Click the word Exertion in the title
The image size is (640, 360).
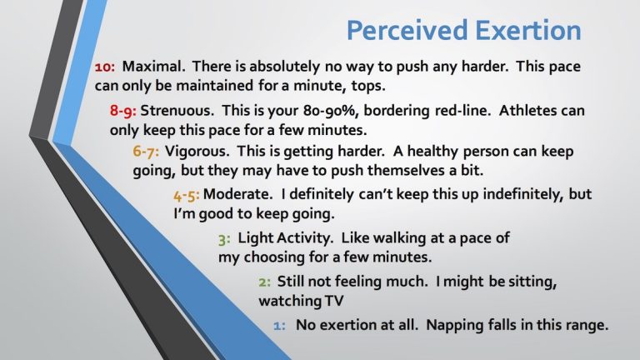(x=522, y=31)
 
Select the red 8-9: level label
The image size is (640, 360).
(x=123, y=111)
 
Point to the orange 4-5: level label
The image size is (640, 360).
(x=187, y=195)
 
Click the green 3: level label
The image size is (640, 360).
(x=224, y=238)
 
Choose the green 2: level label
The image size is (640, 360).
(x=264, y=281)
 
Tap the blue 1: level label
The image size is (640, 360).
(x=280, y=325)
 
